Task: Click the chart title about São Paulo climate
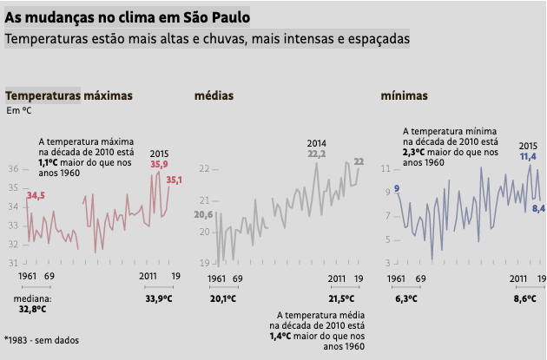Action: click(x=128, y=16)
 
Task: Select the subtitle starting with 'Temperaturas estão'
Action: click(x=207, y=39)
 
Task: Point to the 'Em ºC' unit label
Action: click(x=19, y=110)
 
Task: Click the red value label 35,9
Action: click(x=159, y=164)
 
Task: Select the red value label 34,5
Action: click(x=36, y=196)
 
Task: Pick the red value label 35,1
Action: click(x=174, y=180)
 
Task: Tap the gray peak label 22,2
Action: click(x=316, y=154)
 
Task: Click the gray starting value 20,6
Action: click(x=203, y=214)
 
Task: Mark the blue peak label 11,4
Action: click(x=529, y=156)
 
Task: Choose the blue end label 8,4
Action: click(x=538, y=208)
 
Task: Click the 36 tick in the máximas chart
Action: click(x=13, y=167)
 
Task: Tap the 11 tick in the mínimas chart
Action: click(x=386, y=167)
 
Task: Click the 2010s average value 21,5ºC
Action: click(x=341, y=298)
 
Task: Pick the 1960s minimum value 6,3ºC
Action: click(x=406, y=298)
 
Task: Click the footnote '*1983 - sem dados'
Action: click(x=41, y=340)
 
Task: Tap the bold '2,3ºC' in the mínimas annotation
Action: click(x=413, y=151)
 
